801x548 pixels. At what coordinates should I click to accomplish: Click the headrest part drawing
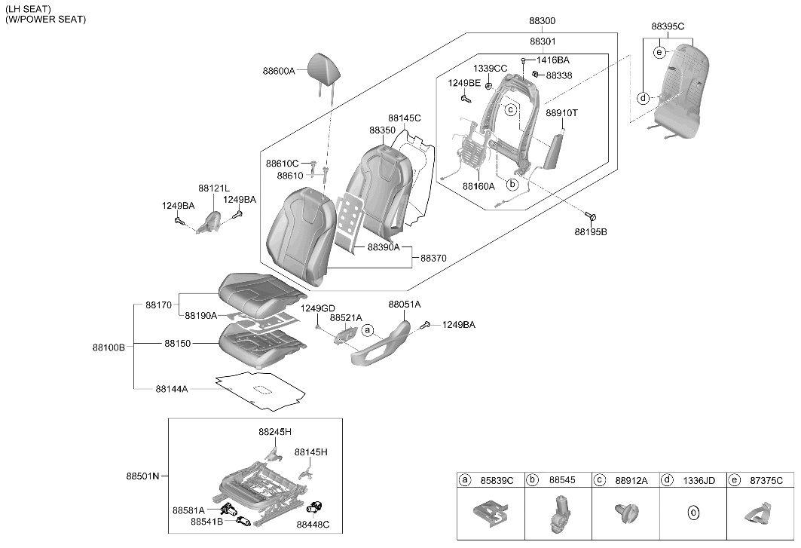(x=323, y=66)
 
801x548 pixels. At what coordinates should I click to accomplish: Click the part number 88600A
(x=279, y=72)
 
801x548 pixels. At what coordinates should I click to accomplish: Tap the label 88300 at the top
(x=542, y=21)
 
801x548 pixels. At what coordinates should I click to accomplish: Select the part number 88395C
(x=668, y=26)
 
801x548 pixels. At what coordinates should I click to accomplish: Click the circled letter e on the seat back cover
(x=659, y=52)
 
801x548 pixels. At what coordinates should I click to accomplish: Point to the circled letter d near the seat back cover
(x=644, y=98)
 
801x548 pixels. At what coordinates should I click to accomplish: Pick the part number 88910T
(x=561, y=113)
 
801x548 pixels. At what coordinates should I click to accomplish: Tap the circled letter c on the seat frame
(x=510, y=109)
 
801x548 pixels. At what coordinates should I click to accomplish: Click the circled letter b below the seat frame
(x=512, y=184)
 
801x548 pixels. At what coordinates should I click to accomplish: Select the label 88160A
(x=478, y=187)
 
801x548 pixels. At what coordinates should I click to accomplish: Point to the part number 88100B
(x=109, y=347)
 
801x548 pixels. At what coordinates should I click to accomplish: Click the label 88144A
(x=172, y=389)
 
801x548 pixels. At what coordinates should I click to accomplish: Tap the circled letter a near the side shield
(x=367, y=330)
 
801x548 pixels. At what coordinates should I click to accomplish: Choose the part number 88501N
(x=142, y=476)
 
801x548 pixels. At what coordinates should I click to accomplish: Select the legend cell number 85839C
(x=497, y=480)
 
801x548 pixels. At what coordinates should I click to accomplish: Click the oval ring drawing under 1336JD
(x=692, y=513)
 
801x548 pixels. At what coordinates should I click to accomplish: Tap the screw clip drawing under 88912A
(x=626, y=512)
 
